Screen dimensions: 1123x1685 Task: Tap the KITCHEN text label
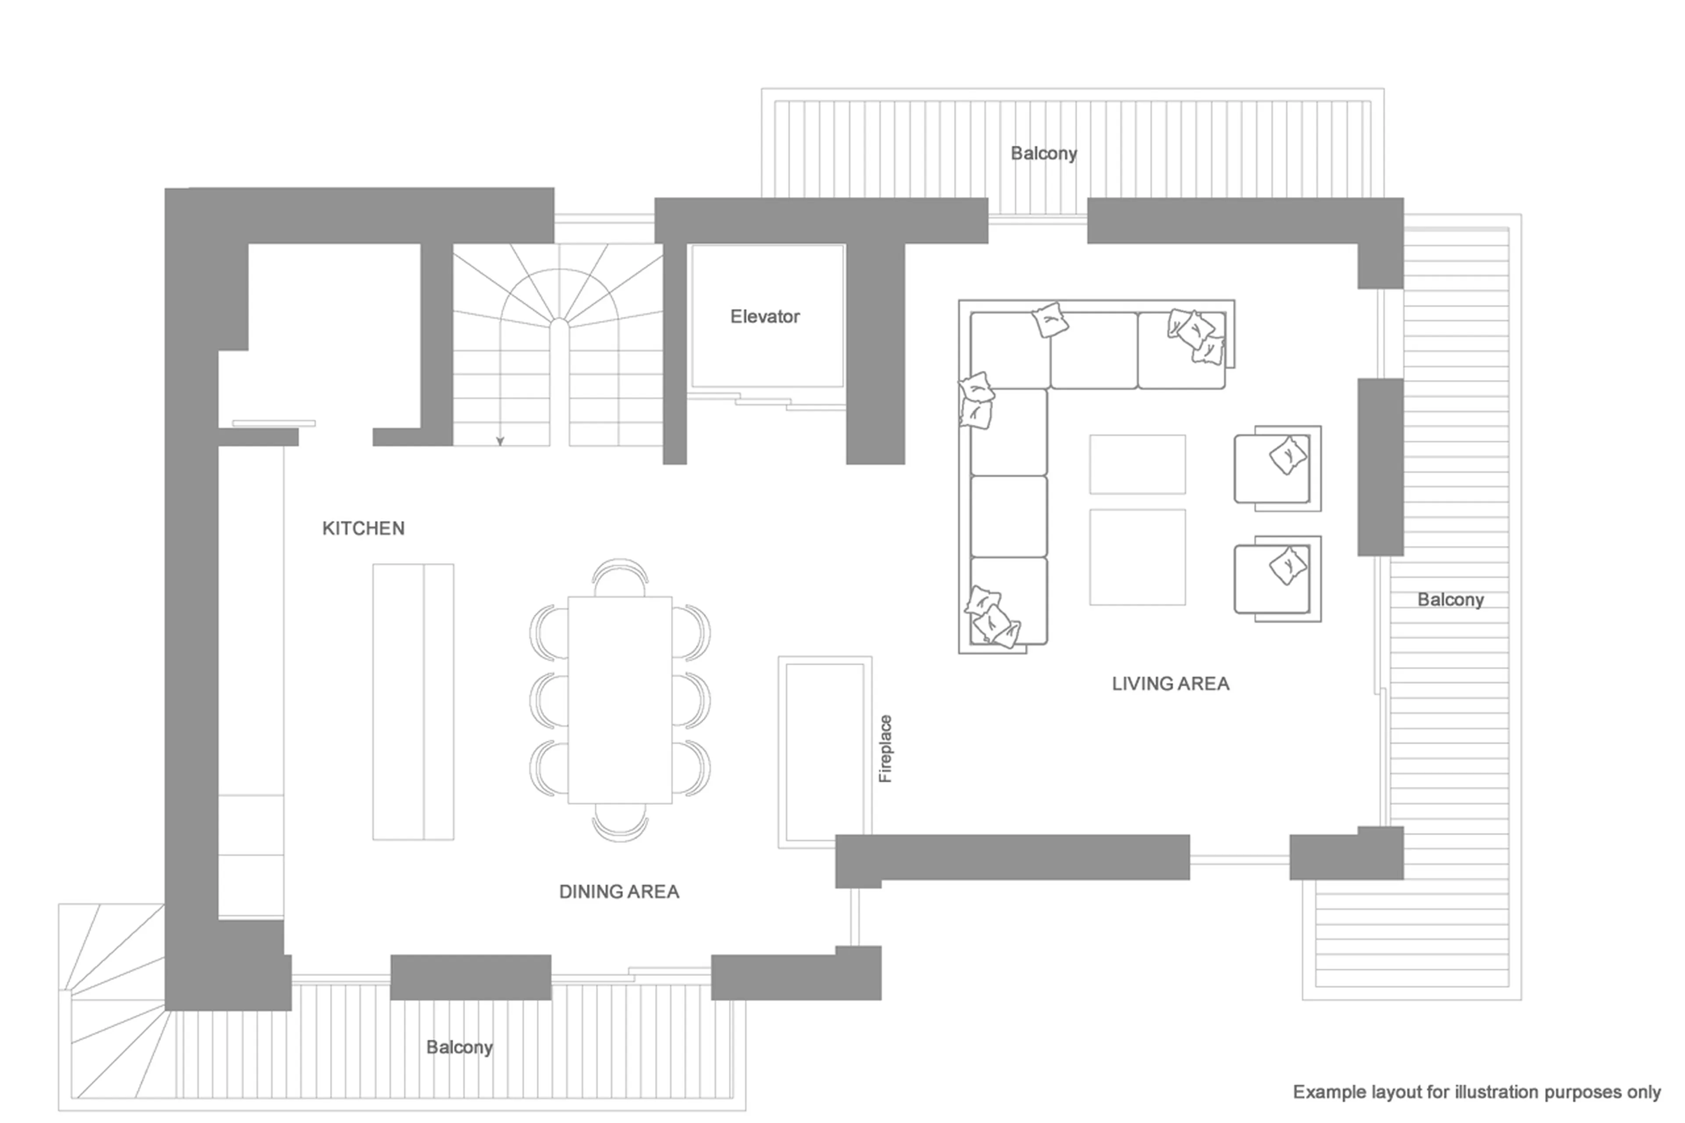point(363,528)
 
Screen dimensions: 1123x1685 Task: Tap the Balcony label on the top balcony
point(1043,153)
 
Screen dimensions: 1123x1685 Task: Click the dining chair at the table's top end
point(620,577)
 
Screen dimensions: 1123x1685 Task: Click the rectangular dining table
point(620,699)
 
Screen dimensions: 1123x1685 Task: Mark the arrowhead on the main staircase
point(500,441)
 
